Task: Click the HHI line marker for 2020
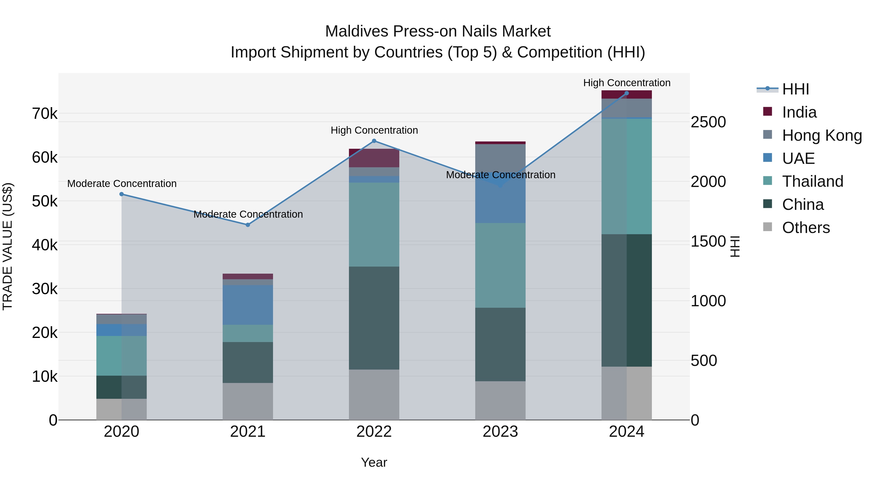click(x=121, y=194)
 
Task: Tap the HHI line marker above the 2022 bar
click(x=374, y=141)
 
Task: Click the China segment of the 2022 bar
click(x=374, y=318)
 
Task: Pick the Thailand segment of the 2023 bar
click(x=500, y=265)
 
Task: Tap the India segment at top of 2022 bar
click(x=374, y=158)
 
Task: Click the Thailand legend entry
click(x=812, y=181)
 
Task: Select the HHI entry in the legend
click(x=795, y=89)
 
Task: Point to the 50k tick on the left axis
click(x=45, y=201)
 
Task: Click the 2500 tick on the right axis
click(x=708, y=122)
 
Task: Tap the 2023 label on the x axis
click(x=500, y=432)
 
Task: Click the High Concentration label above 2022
click(x=374, y=130)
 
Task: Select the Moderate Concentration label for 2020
click(x=122, y=184)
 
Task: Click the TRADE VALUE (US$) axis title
click(x=8, y=246)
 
